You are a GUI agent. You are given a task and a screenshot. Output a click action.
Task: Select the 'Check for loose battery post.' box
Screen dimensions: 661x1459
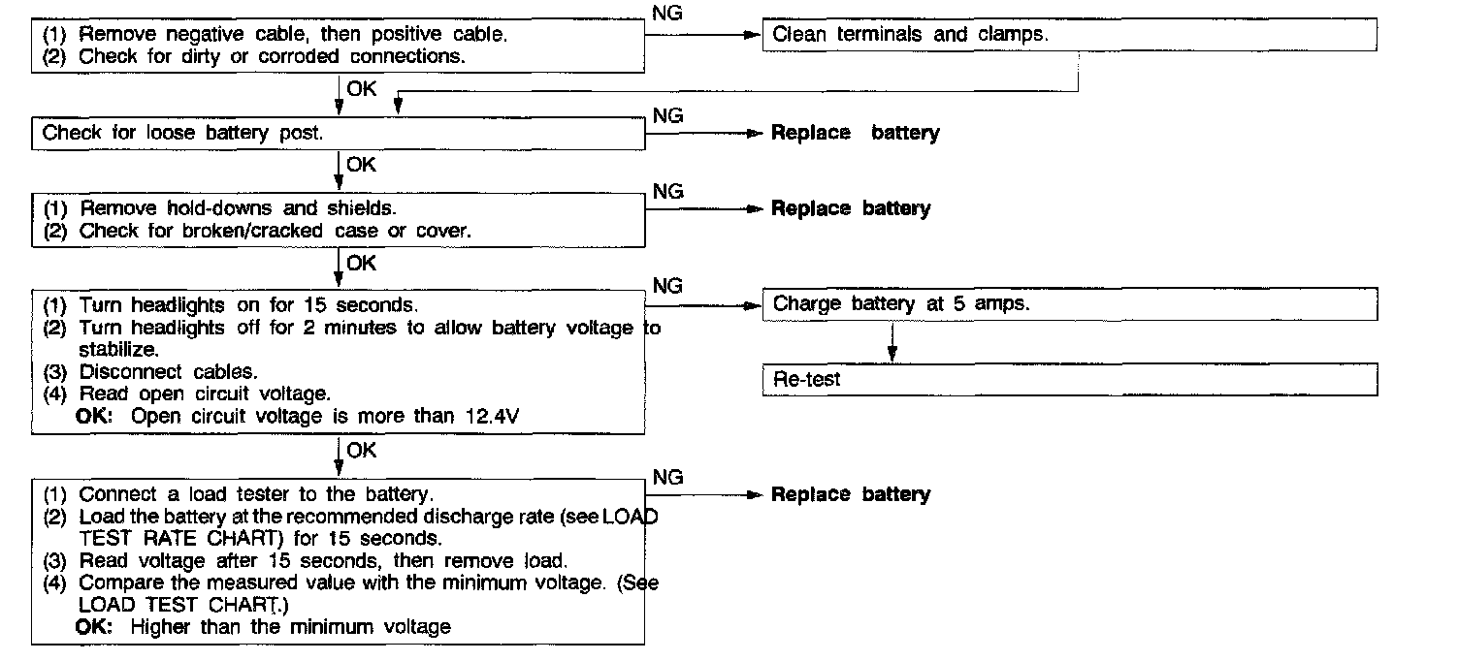coord(338,134)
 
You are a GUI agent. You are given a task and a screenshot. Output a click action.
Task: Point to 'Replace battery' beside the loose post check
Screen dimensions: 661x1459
coord(855,134)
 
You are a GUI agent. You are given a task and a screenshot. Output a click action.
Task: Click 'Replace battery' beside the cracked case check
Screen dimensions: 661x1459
coord(850,208)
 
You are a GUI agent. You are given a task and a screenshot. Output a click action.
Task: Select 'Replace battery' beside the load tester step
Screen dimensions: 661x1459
coord(850,494)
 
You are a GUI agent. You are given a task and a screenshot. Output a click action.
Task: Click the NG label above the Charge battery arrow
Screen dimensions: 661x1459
coord(668,286)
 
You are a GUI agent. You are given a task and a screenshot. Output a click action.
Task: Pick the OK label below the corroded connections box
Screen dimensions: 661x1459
coord(361,88)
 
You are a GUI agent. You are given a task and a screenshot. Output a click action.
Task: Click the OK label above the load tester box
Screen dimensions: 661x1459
coord(361,451)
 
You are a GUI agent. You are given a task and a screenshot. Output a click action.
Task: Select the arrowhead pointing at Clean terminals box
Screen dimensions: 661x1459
coord(750,35)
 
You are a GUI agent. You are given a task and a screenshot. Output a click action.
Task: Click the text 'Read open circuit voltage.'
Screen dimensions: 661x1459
coord(205,393)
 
